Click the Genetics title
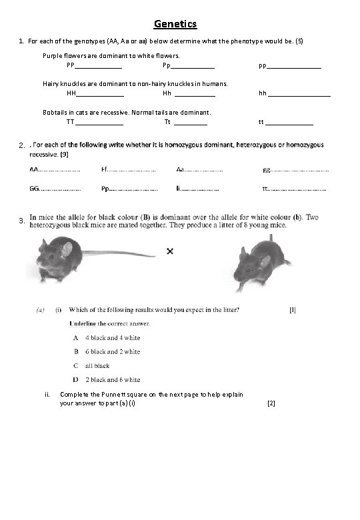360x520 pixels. click(175, 25)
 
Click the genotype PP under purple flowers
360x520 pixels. click(71, 66)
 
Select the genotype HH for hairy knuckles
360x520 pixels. click(71, 94)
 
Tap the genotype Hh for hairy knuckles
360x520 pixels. click(167, 94)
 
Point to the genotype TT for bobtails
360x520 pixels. click(71, 122)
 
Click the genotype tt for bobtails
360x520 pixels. click(261, 122)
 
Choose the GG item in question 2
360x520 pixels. click(34, 189)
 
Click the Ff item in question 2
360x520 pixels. click(105, 170)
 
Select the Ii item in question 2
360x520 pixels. click(179, 189)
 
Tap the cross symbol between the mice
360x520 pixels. click(170, 251)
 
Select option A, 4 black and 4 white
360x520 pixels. click(107, 338)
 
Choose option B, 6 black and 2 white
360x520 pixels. click(107, 351)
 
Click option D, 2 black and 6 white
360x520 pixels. click(107, 379)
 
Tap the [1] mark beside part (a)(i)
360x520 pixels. click(293, 309)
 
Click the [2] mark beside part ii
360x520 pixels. click(271, 403)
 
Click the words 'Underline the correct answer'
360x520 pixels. click(110, 323)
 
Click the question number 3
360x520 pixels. click(22, 220)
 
